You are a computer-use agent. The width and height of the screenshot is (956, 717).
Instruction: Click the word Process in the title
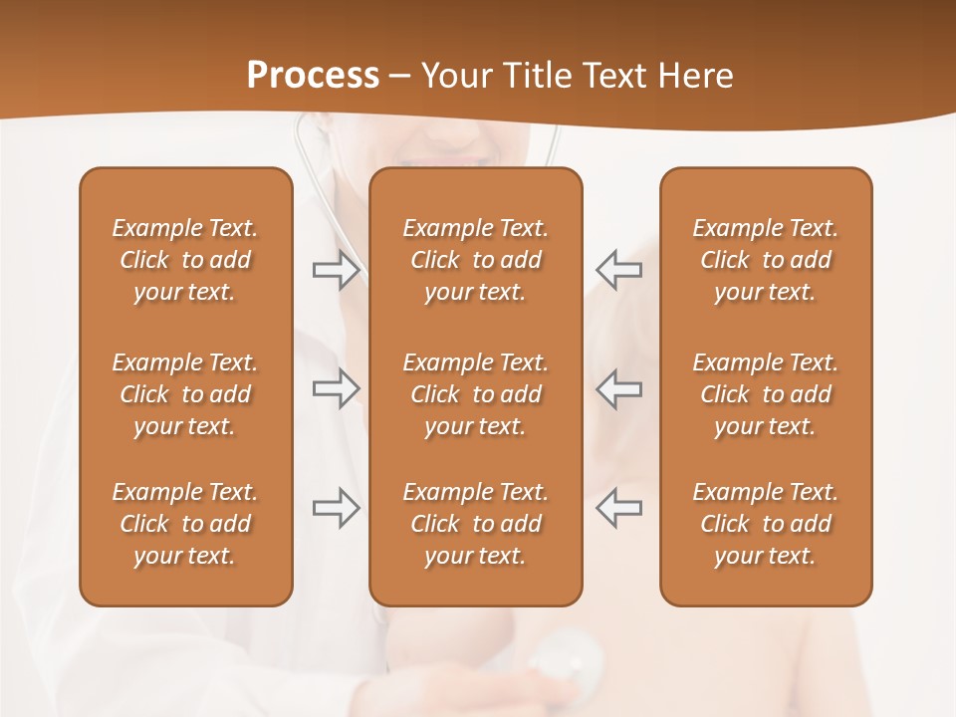pyautogui.click(x=313, y=75)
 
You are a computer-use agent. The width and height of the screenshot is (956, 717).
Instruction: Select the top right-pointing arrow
pyautogui.click(x=337, y=270)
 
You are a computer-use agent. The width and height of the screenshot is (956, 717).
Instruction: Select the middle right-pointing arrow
pyautogui.click(x=337, y=388)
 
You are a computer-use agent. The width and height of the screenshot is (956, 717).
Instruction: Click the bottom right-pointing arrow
pyautogui.click(x=337, y=508)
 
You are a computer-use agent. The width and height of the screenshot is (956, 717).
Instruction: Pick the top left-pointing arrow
pyautogui.click(x=618, y=270)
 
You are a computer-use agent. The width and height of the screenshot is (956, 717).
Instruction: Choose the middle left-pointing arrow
pyautogui.click(x=618, y=388)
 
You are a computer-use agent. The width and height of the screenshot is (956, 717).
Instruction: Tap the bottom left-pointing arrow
pyautogui.click(x=618, y=508)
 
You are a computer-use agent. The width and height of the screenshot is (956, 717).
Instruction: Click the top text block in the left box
pyautogui.click(x=185, y=260)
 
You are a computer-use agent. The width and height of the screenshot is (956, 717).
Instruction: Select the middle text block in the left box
pyautogui.click(x=185, y=394)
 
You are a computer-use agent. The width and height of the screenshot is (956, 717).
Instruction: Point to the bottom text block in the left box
pyautogui.click(x=185, y=524)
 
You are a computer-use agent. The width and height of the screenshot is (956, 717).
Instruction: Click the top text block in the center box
pyautogui.click(x=475, y=260)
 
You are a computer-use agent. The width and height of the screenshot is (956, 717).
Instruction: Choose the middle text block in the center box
pyautogui.click(x=475, y=394)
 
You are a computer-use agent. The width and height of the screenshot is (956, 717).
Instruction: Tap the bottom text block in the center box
pyautogui.click(x=475, y=524)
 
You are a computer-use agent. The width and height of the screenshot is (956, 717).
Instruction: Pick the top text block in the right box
pyautogui.click(x=765, y=260)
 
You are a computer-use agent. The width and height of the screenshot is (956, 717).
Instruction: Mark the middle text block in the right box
pyautogui.click(x=765, y=394)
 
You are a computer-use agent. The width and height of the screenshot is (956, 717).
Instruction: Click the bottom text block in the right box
pyautogui.click(x=765, y=524)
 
